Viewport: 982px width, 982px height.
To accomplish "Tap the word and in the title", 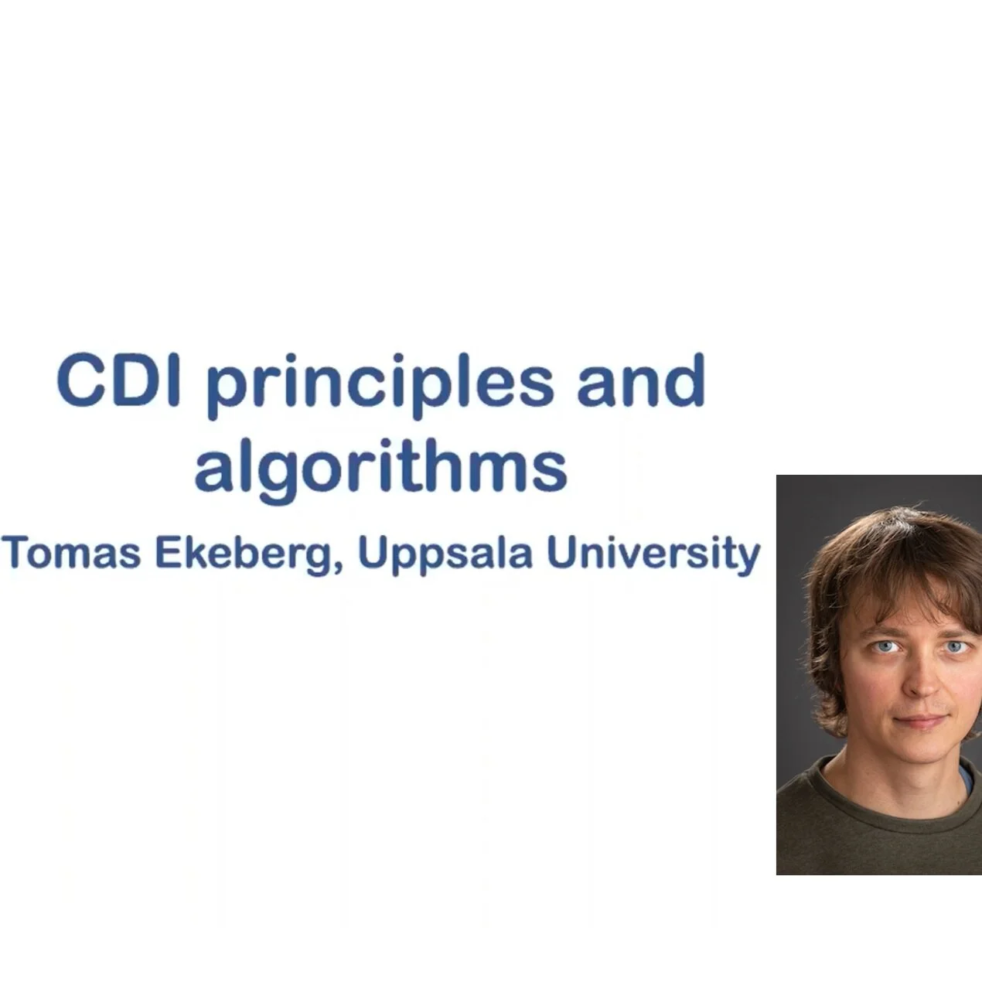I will coord(641,380).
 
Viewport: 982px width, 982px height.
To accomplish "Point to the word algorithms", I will coord(380,467).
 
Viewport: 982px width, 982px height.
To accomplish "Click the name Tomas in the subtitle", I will coord(71,554).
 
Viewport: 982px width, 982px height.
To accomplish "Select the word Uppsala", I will coord(445,555).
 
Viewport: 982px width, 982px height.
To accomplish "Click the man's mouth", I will coord(922,721).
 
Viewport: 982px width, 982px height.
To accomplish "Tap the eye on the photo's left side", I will coord(884,646).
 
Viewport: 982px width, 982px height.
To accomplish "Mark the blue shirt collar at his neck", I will coord(967,777).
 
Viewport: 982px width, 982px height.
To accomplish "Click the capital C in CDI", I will coord(80,380).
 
